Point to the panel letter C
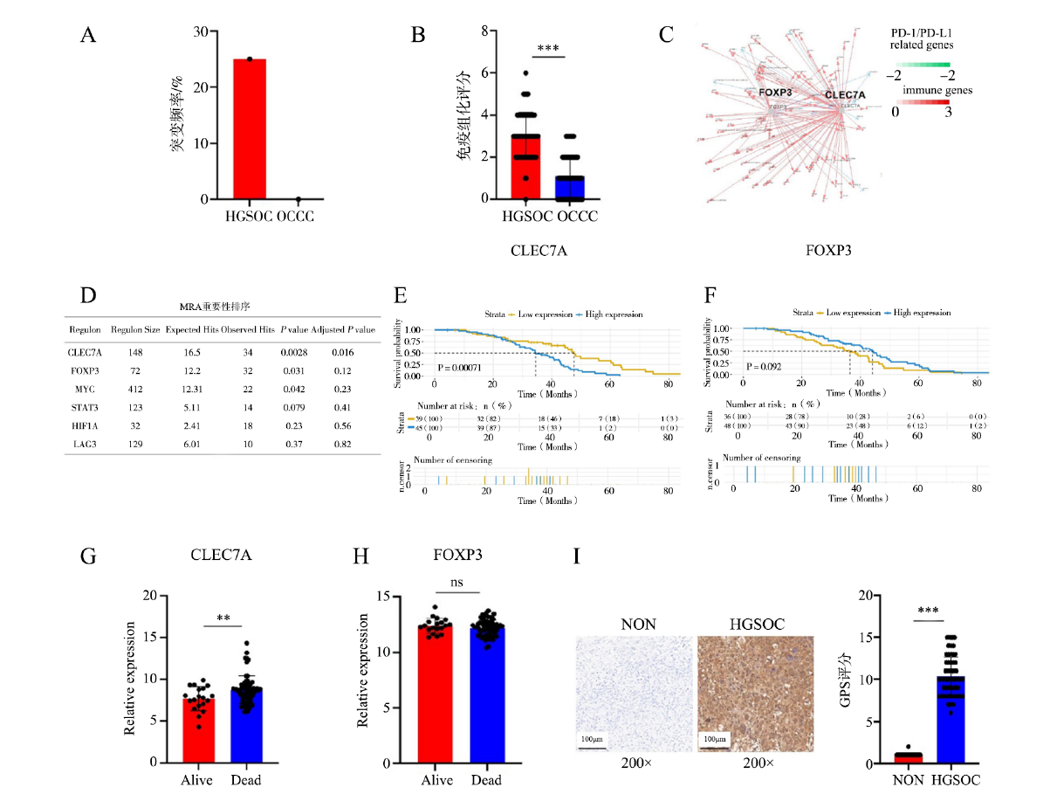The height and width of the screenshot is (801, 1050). click(666, 35)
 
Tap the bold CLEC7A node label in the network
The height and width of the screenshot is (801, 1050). click(844, 95)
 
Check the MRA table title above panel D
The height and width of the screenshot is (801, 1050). click(223, 306)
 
